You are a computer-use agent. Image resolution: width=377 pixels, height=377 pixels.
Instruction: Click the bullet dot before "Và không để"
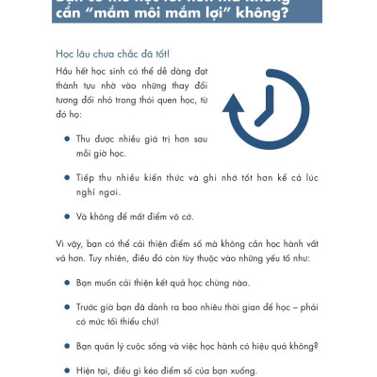(x=66, y=214)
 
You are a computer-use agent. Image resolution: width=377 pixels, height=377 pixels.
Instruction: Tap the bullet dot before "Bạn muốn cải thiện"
(x=66, y=282)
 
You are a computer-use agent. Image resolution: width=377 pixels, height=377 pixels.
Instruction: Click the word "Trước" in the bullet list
(x=90, y=307)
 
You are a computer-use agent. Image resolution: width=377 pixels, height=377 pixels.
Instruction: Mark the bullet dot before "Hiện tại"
(x=66, y=369)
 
